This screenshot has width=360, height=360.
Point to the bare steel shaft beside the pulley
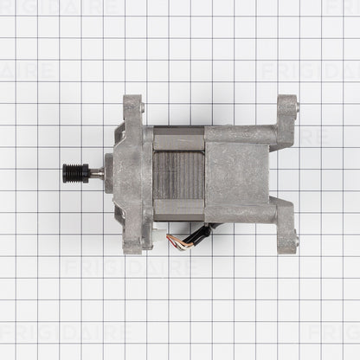click(95, 172)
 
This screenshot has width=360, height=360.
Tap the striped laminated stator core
click(179, 173)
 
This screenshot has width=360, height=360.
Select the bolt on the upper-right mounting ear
click(298, 107)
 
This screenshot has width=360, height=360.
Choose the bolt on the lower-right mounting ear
click(296, 241)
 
